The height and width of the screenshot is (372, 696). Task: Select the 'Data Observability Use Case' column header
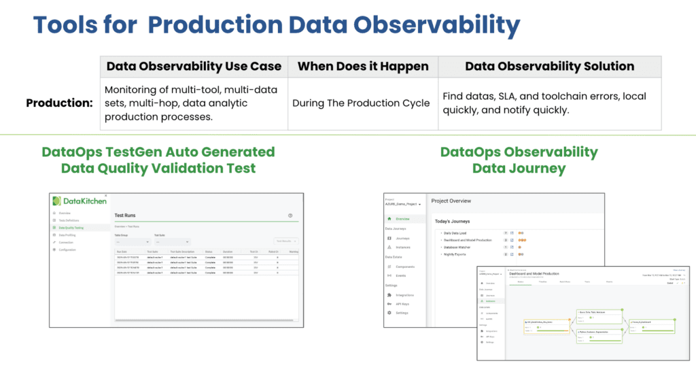(194, 66)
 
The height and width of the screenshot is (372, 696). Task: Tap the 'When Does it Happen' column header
(363, 66)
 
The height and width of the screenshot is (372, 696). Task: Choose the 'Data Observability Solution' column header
(549, 66)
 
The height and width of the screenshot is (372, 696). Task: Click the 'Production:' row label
(59, 103)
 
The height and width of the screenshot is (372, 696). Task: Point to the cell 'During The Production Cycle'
(361, 103)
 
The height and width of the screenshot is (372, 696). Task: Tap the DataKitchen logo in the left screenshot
(77, 201)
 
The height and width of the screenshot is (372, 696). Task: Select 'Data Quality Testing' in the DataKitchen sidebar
(71, 228)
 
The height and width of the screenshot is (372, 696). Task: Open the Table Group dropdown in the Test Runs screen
(132, 241)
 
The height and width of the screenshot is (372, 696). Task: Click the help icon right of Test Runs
(290, 215)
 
